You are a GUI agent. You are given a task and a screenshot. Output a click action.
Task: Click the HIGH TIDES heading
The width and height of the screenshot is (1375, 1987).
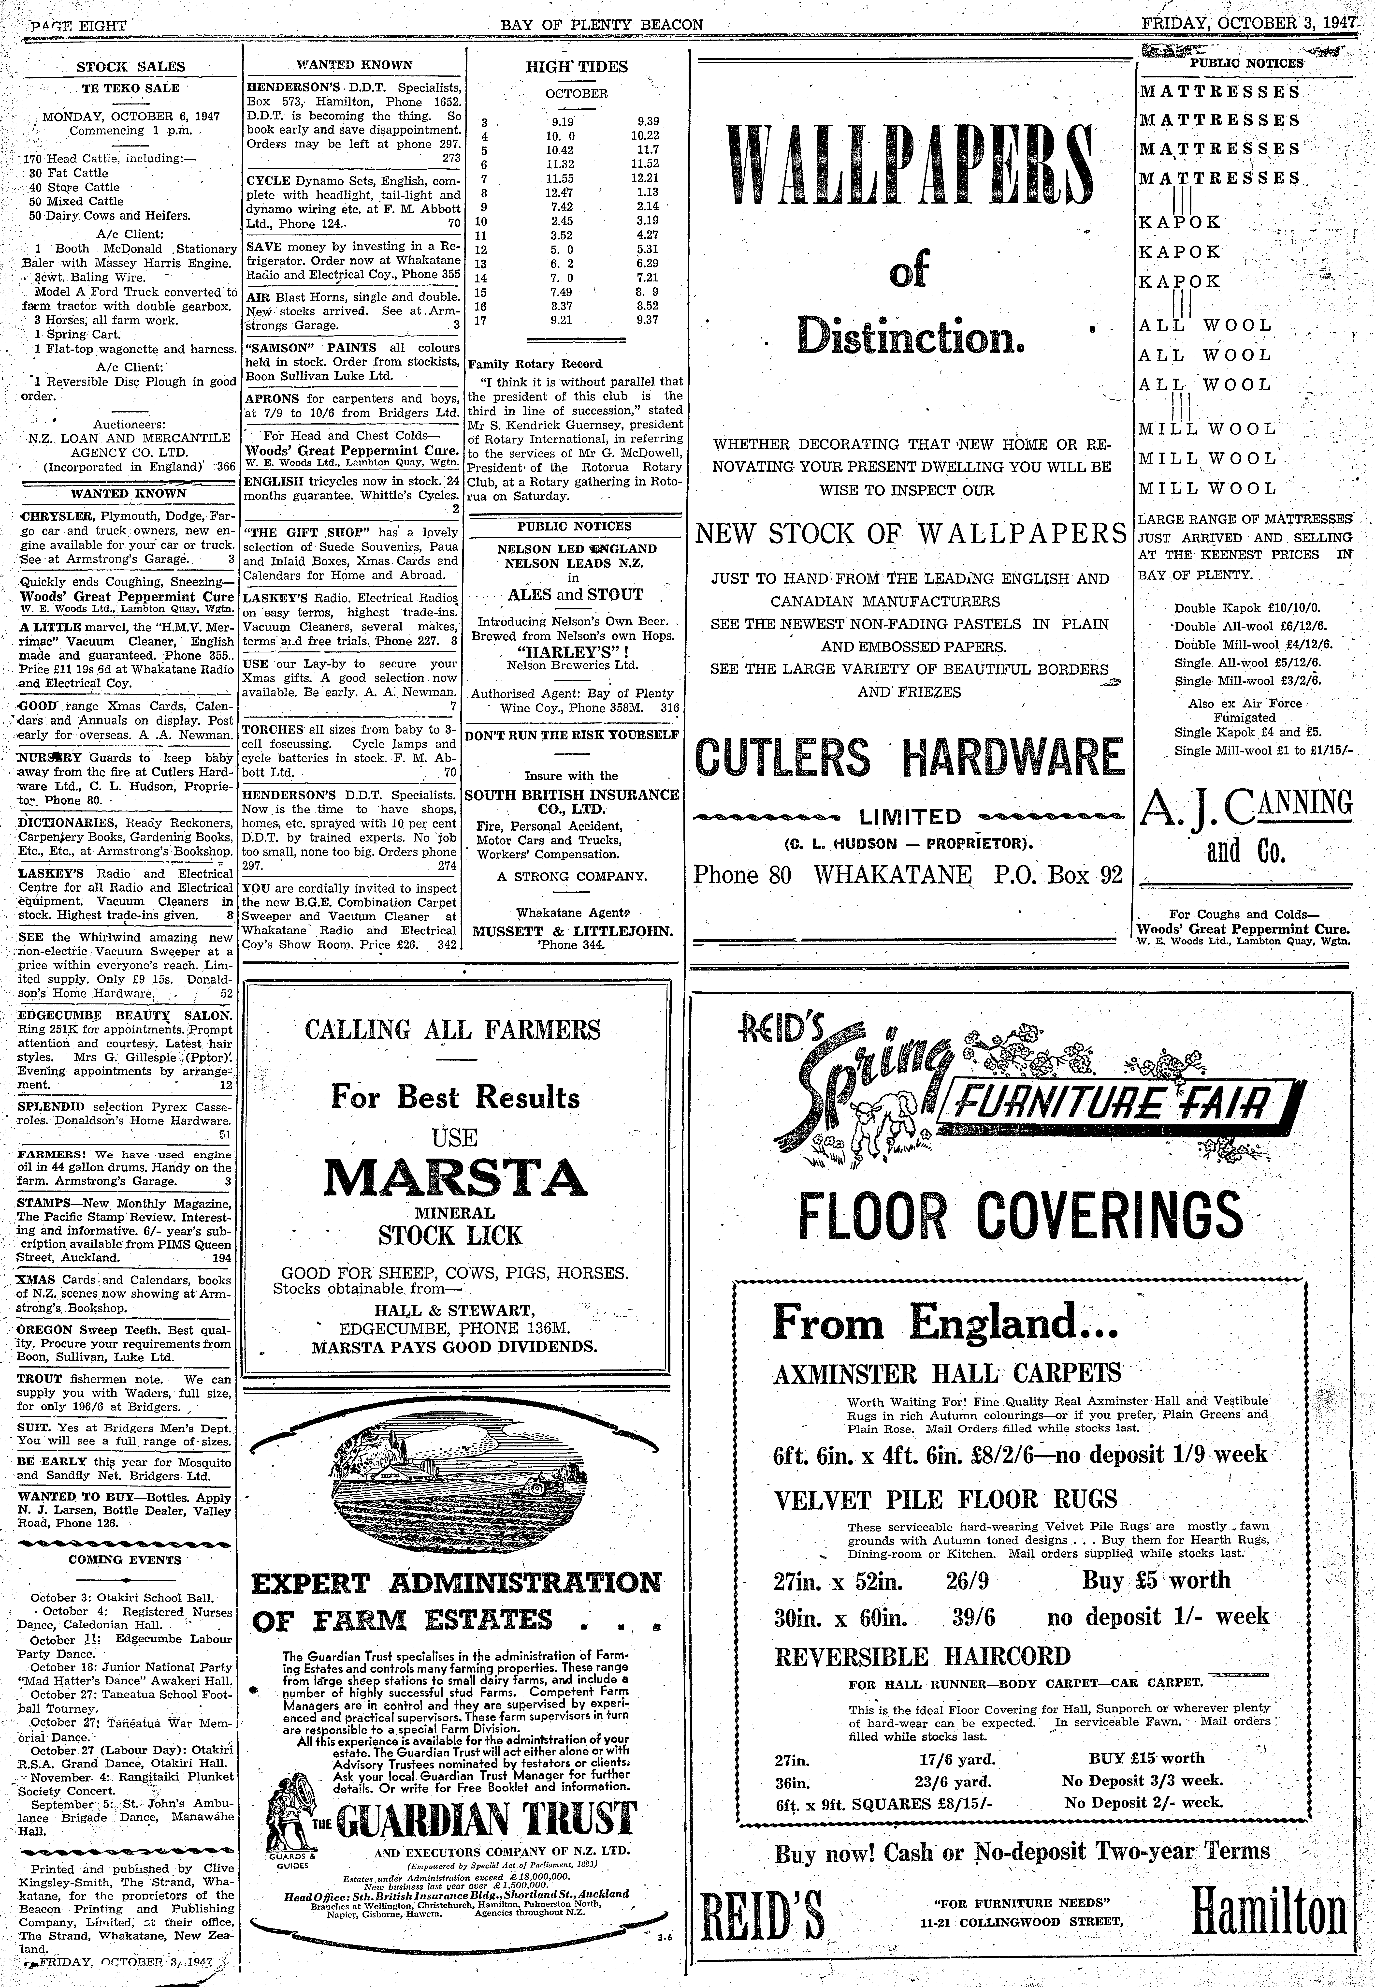coord(576,66)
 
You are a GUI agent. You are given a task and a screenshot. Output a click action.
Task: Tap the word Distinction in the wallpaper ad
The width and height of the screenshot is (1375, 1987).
coord(910,334)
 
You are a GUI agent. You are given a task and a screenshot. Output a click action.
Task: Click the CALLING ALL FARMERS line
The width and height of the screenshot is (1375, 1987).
coord(453,1030)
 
